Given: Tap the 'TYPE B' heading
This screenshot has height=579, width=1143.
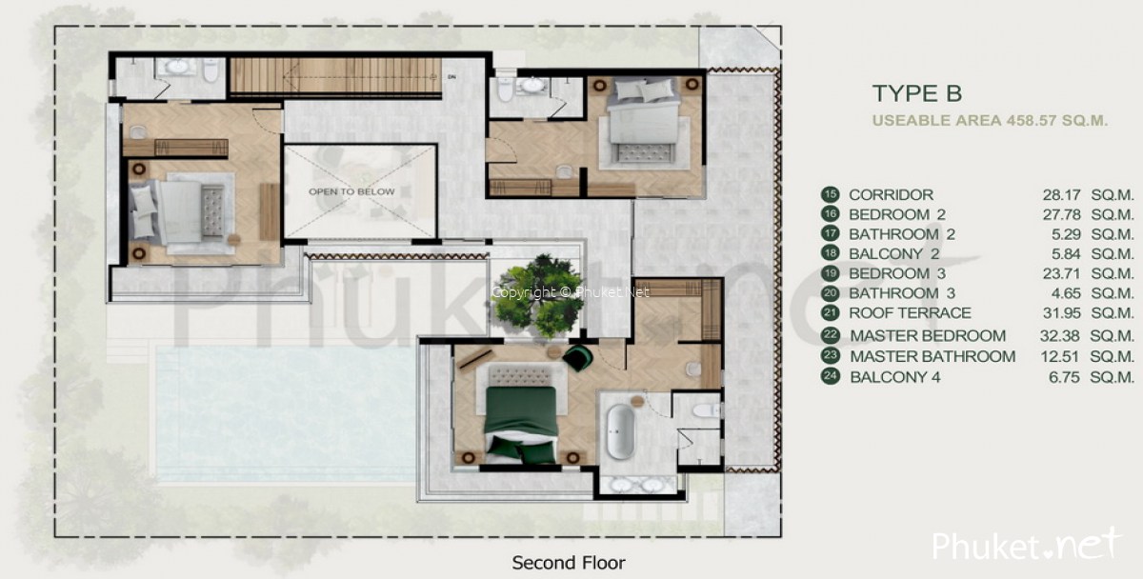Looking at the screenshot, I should click(916, 93).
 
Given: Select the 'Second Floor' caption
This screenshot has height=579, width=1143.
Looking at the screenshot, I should click(569, 562).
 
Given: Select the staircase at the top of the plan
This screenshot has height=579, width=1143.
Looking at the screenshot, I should click(335, 76).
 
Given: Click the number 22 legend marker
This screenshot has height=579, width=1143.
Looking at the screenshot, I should click(829, 335).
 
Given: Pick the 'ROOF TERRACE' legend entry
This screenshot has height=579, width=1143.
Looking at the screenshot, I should click(910, 312).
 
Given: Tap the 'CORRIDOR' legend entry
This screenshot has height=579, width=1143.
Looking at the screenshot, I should click(891, 194).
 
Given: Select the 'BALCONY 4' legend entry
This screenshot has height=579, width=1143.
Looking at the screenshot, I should click(894, 377).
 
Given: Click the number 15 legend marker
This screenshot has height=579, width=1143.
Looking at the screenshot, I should click(829, 194).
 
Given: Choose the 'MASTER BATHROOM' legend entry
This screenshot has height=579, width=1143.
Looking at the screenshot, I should click(932, 356).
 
